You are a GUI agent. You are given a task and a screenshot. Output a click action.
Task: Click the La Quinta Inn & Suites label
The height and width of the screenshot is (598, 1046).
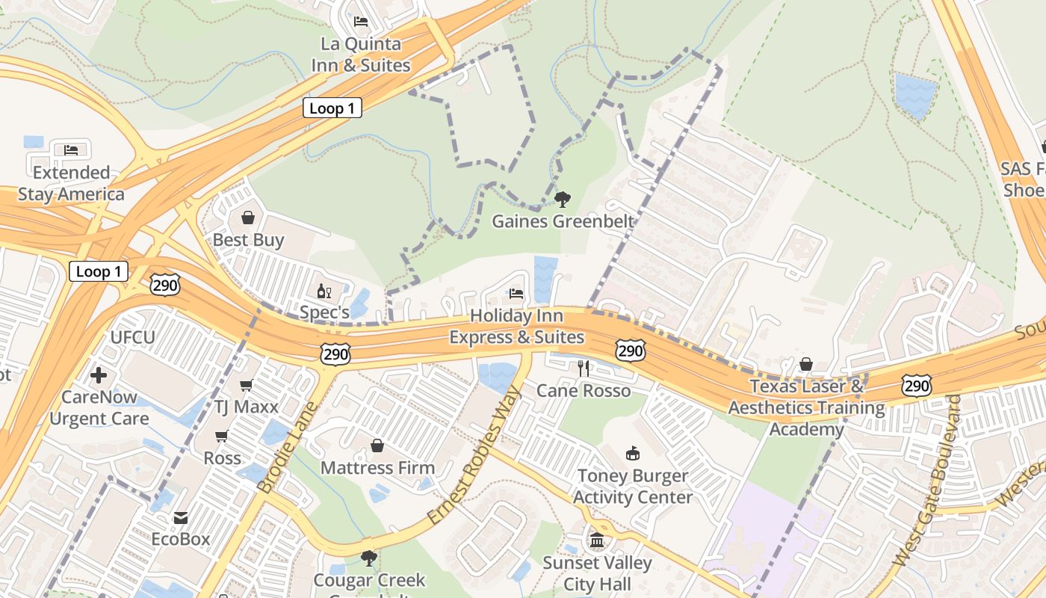[361, 55]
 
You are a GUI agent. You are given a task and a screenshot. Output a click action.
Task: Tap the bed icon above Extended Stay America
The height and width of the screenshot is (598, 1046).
[71, 149]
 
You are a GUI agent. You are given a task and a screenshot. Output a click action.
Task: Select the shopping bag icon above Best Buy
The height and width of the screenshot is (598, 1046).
[248, 218]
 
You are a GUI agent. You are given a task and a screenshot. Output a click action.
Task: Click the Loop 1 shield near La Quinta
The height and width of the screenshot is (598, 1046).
[332, 108]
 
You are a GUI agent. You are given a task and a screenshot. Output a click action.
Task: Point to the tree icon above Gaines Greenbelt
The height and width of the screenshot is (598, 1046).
[562, 199]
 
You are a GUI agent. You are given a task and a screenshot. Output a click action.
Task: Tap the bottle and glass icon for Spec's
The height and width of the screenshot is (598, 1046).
[324, 291]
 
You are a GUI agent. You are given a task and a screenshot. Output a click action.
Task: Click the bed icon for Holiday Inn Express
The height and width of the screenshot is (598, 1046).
[516, 294]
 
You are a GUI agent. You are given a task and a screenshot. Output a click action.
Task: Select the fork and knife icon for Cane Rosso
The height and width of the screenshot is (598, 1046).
[584, 368]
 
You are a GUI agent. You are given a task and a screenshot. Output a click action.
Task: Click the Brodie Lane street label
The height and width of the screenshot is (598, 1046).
[288, 448]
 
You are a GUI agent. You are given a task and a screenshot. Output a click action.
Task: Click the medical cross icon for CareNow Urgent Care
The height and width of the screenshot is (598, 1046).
[99, 374]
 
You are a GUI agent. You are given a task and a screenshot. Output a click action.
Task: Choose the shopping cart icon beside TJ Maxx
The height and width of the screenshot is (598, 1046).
[246, 385]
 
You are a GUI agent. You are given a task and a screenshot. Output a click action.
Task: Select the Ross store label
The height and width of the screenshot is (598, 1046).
[223, 457]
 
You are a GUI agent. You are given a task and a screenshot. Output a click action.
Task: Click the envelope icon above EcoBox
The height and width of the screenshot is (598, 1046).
[181, 517]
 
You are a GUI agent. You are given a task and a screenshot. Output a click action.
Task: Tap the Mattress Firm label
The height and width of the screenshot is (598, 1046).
[377, 468]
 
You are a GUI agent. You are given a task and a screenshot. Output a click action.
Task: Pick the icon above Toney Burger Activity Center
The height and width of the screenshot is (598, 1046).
[632, 453]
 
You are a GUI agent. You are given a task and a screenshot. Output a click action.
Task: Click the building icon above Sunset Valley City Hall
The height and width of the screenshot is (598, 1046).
[596, 540]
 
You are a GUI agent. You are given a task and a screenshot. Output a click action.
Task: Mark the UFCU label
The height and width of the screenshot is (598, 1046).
[132, 338]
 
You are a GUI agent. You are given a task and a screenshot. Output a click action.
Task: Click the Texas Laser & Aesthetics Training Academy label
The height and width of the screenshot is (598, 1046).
[806, 407]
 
